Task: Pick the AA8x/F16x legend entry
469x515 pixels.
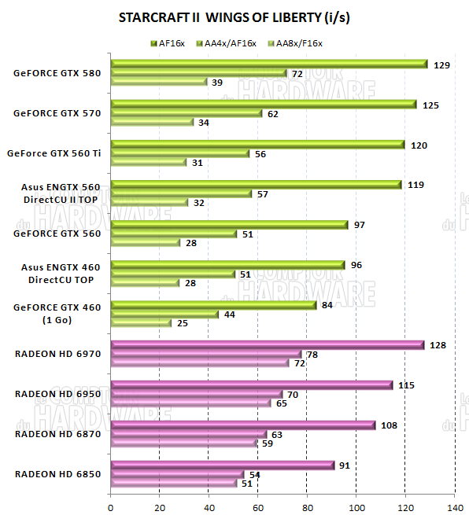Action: click(x=294, y=42)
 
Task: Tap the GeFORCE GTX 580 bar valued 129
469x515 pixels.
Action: click(x=269, y=64)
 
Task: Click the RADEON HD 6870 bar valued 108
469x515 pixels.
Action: click(x=243, y=425)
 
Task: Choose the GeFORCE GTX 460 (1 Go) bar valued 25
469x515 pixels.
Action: click(x=142, y=323)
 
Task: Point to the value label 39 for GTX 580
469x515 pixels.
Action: click(x=217, y=83)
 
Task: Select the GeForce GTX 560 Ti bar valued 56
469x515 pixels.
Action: click(x=180, y=153)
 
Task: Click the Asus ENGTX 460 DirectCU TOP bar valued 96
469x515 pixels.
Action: click(x=228, y=265)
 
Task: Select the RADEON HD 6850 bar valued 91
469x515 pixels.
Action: click(x=223, y=465)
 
